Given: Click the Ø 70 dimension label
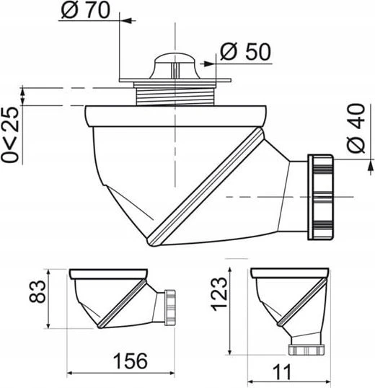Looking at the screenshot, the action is (x=85, y=10).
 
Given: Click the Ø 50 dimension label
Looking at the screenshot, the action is (x=246, y=51).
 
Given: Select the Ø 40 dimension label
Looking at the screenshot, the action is (x=356, y=128).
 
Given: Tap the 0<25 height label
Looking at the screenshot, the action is (x=10, y=135).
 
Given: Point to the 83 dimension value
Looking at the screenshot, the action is (x=37, y=291).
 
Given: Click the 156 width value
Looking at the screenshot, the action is (x=131, y=361).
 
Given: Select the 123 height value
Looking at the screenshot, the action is (x=219, y=294).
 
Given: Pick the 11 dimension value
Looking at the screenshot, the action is (x=282, y=372).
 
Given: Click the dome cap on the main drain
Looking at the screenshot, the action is (x=175, y=66).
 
